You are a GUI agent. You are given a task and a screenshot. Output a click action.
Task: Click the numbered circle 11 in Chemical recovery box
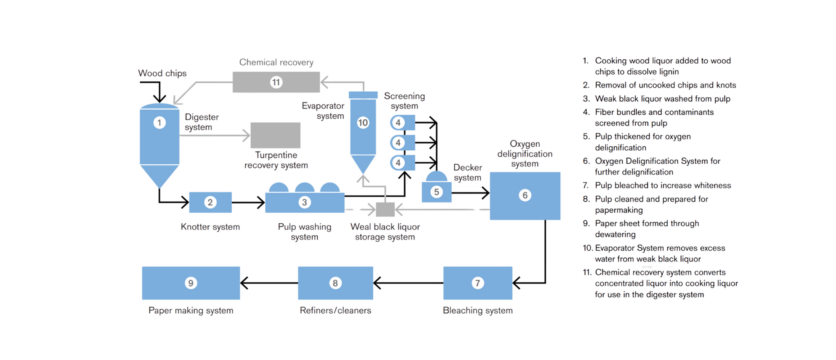[x=276, y=82]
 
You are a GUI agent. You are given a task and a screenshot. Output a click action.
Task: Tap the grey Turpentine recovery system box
[x=276, y=135]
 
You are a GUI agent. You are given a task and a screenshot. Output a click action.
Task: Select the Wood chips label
[x=162, y=73]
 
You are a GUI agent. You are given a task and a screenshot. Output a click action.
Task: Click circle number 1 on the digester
[x=159, y=123]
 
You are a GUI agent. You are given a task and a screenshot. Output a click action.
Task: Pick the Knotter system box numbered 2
[x=210, y=202]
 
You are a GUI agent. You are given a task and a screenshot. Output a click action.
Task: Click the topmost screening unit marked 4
[x=402, y=123]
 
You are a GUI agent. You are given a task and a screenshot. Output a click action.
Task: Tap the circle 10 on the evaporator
[x=363, y=123]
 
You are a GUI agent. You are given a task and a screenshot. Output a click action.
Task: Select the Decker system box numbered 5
[x=436, y=192]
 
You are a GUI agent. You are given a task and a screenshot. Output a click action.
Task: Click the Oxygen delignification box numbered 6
[x=525, y=196]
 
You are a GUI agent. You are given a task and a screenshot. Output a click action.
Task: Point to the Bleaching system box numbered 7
[x=477, y=283]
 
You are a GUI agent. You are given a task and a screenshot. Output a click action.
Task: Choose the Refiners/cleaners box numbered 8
[x=335, y=283]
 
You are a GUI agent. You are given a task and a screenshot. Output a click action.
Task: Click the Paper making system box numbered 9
[x=191, y=283]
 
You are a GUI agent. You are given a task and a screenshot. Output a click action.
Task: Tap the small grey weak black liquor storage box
[x=385, y=209]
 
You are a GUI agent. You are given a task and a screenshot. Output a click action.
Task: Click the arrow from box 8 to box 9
[x=269, y=283]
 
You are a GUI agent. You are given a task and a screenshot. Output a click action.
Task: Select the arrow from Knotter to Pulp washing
[x=248, y=202]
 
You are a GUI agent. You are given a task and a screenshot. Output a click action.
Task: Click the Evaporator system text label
[x=323, y=111]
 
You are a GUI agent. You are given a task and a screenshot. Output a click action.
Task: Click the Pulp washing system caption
[x=304, y=232]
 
